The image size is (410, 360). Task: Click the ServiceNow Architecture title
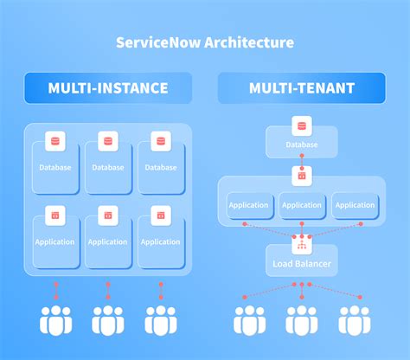205,42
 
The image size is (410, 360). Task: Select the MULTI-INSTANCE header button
108,88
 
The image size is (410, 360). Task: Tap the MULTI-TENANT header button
301,88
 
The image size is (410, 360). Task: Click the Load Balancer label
301,262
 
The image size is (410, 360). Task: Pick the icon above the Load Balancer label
301,242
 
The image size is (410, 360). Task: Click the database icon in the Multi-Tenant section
301,125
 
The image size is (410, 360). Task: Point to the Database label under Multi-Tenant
301,145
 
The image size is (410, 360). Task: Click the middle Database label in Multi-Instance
108,167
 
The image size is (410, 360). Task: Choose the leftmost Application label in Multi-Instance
54,242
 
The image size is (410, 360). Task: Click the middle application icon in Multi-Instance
108,215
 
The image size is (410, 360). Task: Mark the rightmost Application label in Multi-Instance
159,242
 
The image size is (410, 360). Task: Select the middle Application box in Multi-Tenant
302,205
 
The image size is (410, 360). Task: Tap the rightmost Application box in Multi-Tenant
355,205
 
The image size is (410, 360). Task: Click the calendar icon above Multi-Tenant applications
301,177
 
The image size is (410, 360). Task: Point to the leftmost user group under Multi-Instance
56,319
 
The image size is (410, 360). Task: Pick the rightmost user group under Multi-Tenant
355,319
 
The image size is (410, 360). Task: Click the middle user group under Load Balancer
302,319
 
